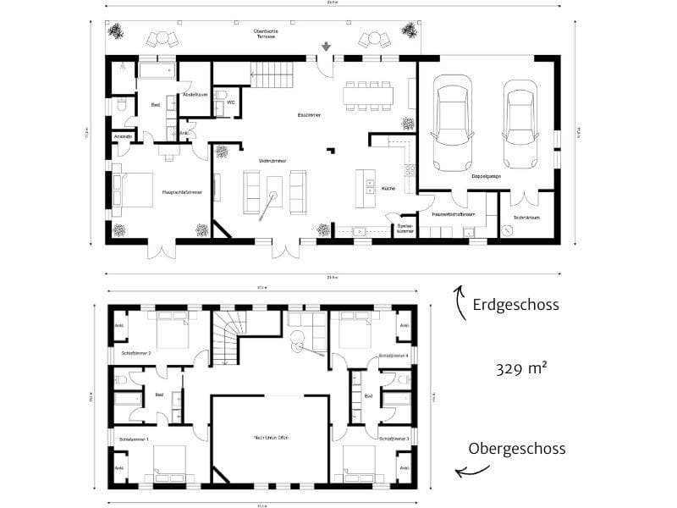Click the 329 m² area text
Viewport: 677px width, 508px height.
click(x=521, y=369)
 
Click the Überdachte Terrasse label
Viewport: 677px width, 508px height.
click(x=267, y=36)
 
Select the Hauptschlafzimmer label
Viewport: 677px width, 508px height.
click(x=181, y=193)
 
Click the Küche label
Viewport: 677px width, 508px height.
click(x=389, y=188)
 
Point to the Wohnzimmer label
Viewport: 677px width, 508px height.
click(x=272, y=160)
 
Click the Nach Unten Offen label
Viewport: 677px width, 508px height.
click(x=272, y=437)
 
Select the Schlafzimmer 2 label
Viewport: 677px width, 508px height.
click(x=136, y=353)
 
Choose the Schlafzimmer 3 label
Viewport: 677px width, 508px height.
click(x=394, y=439)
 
